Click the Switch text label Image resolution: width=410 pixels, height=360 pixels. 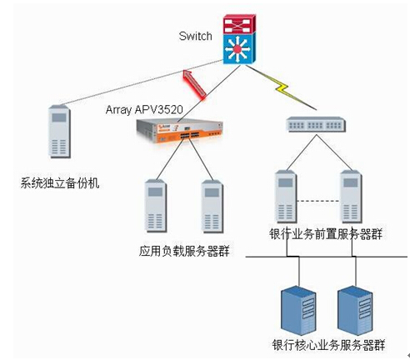(x=195, y=36)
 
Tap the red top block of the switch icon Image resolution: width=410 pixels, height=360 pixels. (x=239, y=24)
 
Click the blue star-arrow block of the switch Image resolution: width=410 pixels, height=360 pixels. (x=239, y=48)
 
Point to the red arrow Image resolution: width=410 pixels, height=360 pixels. (x=195, y=84)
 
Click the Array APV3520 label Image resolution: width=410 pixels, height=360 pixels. (x=144, y=110)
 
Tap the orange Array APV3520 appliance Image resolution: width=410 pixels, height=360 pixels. (x=179, y=131)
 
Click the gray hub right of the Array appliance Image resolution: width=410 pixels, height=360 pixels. (x=316, y=124)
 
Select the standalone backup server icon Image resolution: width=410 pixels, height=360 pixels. (x=59, y=132)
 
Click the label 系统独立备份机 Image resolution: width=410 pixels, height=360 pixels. (x=60, y=183)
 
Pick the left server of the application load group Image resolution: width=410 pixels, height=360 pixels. (x=156, y=206)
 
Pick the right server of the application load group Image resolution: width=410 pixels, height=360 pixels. (x=212, y=207)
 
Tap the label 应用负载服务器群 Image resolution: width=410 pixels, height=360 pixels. (x=184, y=251)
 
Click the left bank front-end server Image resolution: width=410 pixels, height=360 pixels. (x=286, y=197)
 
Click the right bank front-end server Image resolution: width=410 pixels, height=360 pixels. (x=351, y=197)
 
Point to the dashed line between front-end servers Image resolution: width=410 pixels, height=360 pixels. (x=318, y=201)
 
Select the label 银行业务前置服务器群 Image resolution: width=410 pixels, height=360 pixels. (x=326, y=234)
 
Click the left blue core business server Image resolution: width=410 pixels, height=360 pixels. (x=298, y=311)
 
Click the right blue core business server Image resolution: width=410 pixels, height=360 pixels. (x=355, y=311)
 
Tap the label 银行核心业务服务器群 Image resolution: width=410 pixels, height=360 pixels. (x=328, y=345)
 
